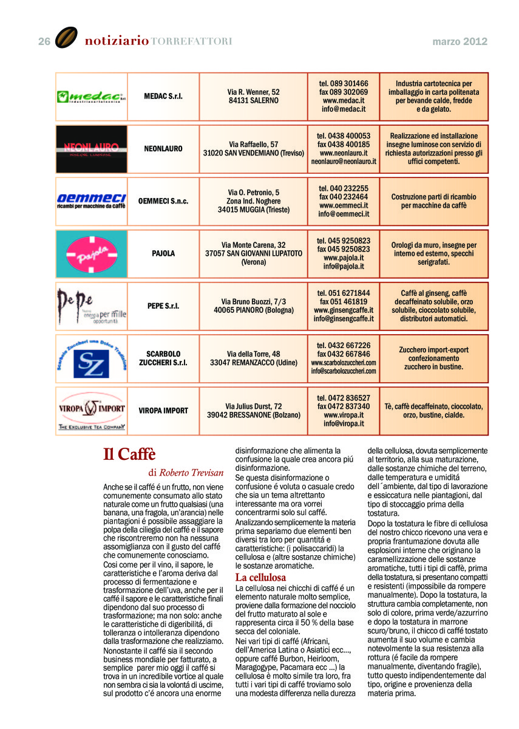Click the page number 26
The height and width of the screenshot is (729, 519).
[44, 41]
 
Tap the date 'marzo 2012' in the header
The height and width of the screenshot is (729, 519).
[460, 41]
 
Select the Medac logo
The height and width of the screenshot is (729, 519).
[91, 97]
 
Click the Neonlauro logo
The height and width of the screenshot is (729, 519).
[91, 149]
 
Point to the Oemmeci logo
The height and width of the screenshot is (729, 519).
[91, 201]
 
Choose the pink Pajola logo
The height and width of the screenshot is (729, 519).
[91, 253]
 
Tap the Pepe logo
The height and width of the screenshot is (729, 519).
[91, 306]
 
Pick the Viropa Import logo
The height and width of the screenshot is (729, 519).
[91, 411]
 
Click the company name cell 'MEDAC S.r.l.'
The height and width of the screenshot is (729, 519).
[163, 97]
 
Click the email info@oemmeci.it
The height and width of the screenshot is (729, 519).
[344, 214]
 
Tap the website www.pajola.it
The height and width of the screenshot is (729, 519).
[344, 258]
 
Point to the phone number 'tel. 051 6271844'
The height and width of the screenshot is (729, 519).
[344, 293]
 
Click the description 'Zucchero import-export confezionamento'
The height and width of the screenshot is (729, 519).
[433, 354]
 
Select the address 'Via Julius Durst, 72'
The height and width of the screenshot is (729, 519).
[254, 406]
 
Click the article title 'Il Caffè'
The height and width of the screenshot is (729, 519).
[129, 454]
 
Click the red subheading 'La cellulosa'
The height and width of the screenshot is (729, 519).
[260, 577]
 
